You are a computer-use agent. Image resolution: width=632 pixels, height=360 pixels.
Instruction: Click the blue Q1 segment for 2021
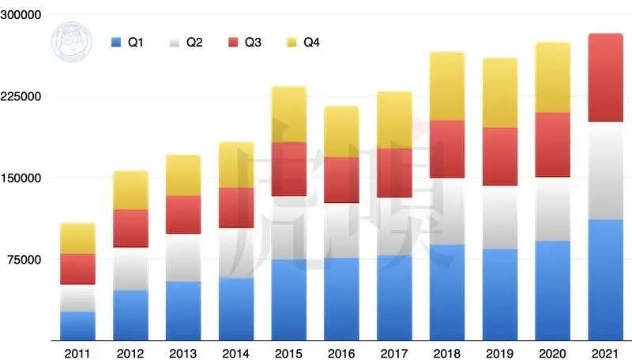click(605, 279)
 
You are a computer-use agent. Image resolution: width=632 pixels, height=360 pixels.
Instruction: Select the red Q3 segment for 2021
click(605, 77)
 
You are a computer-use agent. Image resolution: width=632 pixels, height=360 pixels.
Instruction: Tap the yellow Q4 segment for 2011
click(77, 238)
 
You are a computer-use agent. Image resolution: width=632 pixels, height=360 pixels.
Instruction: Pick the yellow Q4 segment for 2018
click(446, 86)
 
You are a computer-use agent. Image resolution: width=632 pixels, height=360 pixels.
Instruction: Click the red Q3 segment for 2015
click(288, 169)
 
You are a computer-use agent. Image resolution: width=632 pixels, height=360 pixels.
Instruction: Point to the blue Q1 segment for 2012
click(130, 315)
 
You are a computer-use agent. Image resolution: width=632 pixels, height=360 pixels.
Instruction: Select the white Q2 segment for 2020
click(552, 208)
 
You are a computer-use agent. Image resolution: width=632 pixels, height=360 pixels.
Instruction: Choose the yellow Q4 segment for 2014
click(235, 165)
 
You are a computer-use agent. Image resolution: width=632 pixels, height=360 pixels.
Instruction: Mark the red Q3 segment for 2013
click(183, 215)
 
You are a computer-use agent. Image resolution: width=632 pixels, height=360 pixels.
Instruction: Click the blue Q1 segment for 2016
click(341, 298)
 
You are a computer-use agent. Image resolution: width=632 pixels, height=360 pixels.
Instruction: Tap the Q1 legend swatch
click(116, 41)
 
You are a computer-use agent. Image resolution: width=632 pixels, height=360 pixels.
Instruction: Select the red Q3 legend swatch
click(233, 41)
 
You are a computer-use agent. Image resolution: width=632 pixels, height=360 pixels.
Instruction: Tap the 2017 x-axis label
click(394, 352)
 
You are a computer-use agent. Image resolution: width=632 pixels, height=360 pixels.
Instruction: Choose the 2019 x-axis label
click(499, 352)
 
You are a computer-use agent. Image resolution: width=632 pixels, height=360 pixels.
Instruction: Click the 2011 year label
click(77, 352)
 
